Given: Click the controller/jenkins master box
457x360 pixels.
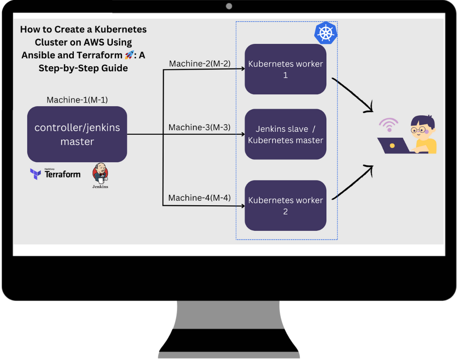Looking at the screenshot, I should (x=77, y=134).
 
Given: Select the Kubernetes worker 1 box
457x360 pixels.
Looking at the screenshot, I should (x=285, y=69).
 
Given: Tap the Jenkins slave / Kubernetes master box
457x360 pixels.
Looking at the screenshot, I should (x=285, y=134).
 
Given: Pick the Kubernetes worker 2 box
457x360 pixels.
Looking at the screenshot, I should (x=285, y=206).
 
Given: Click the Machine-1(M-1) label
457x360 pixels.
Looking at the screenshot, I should (x=77, y=100).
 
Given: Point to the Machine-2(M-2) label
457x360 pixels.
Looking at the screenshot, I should (x=200, y=64).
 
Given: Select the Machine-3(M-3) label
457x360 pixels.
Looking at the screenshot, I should (x=199, y=128).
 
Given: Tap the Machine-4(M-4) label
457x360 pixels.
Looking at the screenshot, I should (x=199, y=198).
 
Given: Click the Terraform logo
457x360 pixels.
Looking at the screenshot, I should (x=55, y=174).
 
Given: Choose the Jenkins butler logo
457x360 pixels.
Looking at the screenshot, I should (x=100, y=173).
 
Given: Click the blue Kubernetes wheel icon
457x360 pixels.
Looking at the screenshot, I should (x=325, y=33).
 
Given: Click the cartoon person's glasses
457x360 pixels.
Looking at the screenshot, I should (x=418, y=130).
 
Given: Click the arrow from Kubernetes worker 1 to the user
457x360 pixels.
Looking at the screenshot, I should (x=352, y=95).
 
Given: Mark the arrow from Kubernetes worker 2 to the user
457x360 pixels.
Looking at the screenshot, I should (x=352, y=182).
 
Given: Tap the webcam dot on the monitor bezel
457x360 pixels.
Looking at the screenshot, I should (x=229, y=6).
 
